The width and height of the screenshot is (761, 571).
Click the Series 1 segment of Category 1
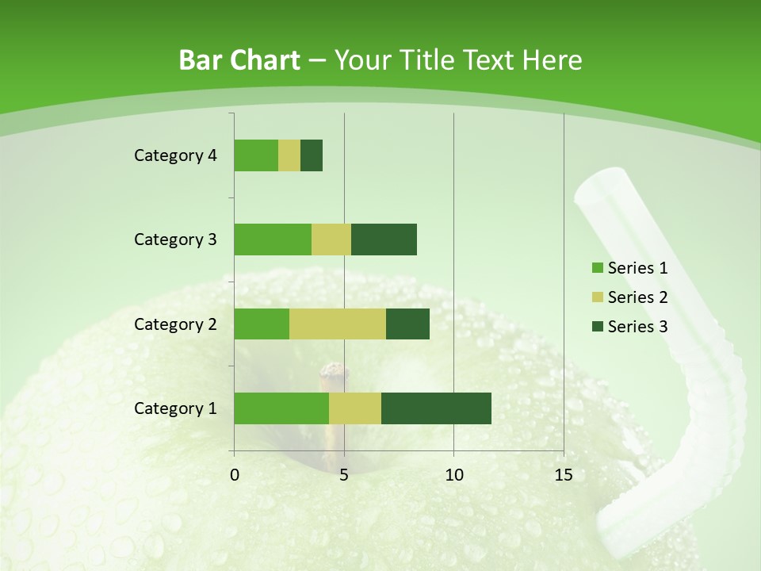(281, 408)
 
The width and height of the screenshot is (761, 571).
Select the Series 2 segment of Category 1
(355, 408)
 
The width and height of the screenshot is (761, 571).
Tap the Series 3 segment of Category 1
(436, 408)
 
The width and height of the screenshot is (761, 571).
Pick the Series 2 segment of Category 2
(338, 324)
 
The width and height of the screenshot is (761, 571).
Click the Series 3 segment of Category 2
(407, 324)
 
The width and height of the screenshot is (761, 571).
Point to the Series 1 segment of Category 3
(273, 240)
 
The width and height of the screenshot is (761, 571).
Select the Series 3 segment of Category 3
(384, 240)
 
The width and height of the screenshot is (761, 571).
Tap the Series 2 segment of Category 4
(289, 155)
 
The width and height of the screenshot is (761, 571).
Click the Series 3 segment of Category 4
(312, 155)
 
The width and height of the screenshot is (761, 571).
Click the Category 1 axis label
(175, 408)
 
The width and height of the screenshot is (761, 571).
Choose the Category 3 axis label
(175, 240)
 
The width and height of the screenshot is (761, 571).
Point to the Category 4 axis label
(175, 155)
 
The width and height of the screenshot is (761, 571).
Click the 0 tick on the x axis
(235, 475)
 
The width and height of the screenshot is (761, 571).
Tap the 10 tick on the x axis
(453, 475)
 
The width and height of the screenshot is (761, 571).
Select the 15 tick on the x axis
(564, 475)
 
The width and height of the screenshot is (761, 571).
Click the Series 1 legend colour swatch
(597, 268)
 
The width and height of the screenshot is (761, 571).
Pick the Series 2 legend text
(637, 297)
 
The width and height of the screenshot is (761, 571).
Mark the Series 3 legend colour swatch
(597, 327)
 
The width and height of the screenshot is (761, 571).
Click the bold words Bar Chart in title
(239, 60)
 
